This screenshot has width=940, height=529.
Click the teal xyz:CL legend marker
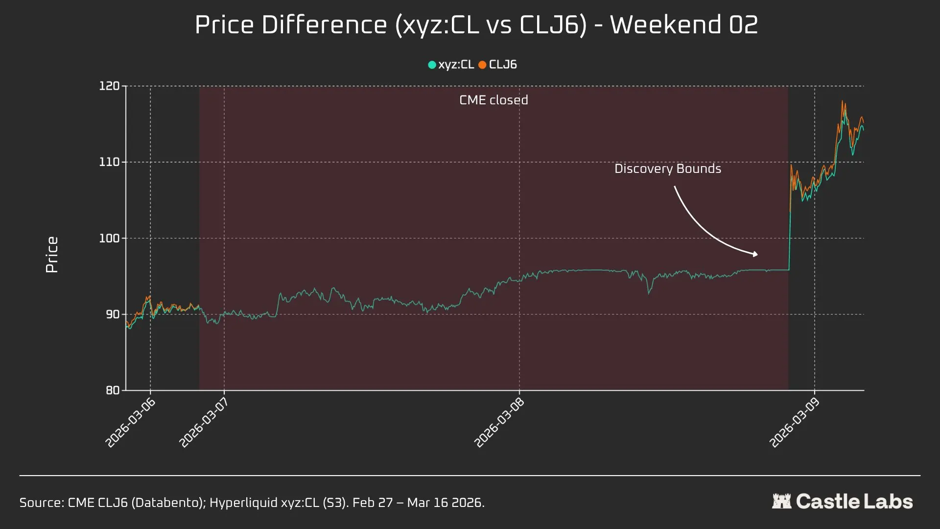click(x=432, y=65)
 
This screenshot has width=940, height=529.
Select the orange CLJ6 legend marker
click(x=482, y=65)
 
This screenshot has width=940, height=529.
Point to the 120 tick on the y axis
click(x=109, y=86)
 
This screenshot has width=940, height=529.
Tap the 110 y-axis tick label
click(x=109, y=162)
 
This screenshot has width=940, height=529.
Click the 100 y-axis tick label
click(x=109, y=239)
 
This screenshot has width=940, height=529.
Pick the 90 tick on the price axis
click(x=113, y=314)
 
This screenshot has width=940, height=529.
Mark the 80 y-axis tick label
click(x=113, y=390)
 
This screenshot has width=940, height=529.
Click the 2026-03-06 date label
click(x=130, y=422)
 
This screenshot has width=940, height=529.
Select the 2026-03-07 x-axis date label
click(x=204, y=422)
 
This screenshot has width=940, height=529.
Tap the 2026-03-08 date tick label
click(x=499, y=422)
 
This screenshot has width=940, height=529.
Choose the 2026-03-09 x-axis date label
click(x=794, y=422)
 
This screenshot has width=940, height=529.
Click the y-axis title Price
click(x=52, y=255)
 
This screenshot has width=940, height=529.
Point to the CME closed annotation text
click(x=493, y=100)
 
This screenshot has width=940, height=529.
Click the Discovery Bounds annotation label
click(x=668, y=168)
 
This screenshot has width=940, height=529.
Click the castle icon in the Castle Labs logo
click(x=781, y=501)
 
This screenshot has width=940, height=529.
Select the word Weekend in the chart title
click(x=666, y=24)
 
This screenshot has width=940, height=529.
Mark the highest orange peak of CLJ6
click(x=842, y=101)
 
